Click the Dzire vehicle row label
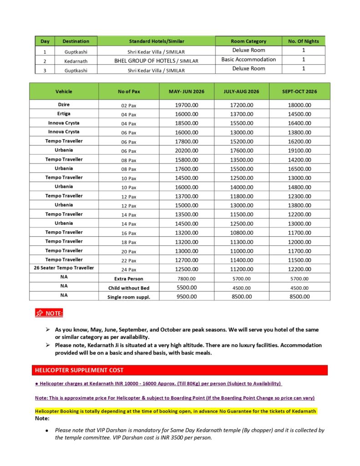pos(64,105)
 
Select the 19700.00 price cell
pos(187,105)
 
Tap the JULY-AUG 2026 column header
pos(241,91)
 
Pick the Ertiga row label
pos(64,114)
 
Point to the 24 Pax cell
pos(129,269)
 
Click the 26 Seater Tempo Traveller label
pos(64,268)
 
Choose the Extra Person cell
pos(129,279)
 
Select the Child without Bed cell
pos(129,288)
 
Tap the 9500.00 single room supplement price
pos(187,297)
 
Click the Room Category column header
pos(248,41)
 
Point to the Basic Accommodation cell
pos(248,60)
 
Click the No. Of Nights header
pos(304,41)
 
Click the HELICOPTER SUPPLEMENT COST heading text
pos(79,370)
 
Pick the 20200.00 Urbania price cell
pos(187,151)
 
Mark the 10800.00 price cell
pos(241,233)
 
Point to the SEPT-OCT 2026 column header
pos(299,91)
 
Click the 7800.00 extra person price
pos(187,279)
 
